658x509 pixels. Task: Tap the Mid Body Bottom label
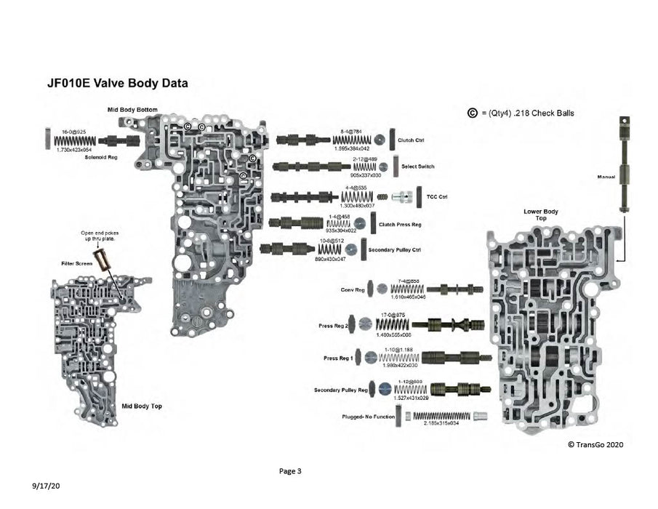click(132, 110)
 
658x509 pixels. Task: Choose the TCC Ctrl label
click(436, 196)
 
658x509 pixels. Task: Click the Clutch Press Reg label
click(400, 225)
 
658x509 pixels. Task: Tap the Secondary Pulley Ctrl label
click(399, 250)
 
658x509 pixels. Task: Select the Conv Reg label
click(352, 289)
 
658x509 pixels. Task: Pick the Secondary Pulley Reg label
click(341, 390)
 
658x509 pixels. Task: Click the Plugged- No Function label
click(368, 417)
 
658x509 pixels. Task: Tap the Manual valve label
click(606, 177)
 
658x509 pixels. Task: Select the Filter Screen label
click(76, 263)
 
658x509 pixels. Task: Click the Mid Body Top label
click(142, 406)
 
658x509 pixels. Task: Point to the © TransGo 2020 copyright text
click(595, 444)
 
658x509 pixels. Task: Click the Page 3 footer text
click(290, 471)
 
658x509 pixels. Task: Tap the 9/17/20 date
click(45, 484)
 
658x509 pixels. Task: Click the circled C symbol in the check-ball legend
click(473, 113)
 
